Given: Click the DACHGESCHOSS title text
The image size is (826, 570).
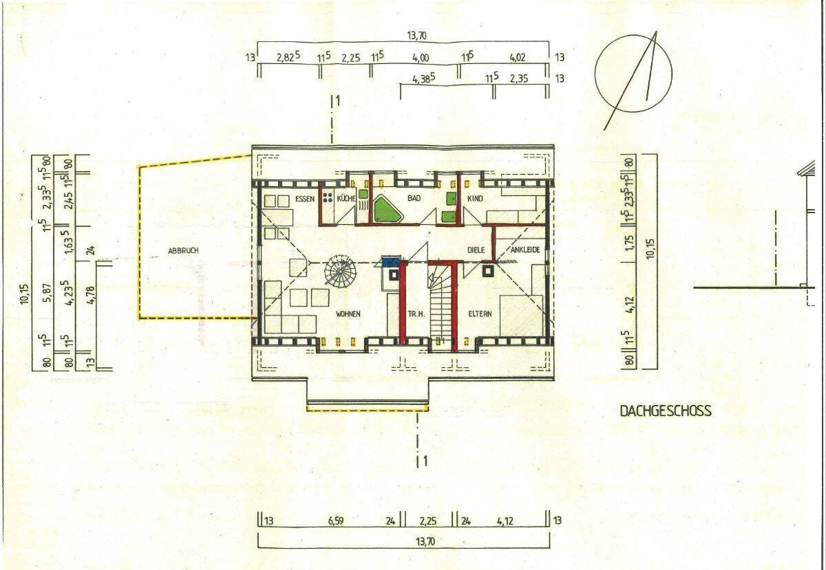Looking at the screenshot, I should click(x=666, y=411).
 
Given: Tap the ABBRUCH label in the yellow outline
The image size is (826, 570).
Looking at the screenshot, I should click(x=183, y=251).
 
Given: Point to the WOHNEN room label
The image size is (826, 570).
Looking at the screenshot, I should click(x=348, y=314).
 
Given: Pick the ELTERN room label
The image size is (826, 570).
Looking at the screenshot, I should click(x=479, y=314).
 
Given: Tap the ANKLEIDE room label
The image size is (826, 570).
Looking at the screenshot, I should click(x=525, y=250).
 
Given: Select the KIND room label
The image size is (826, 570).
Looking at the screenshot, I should click(x=475, y=199).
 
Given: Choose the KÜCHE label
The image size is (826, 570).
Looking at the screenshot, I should click(x=346, y=199).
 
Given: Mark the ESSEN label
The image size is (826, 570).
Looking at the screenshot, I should click(x=304, y=199).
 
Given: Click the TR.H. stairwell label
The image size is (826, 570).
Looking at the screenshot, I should click(x=416, y=314).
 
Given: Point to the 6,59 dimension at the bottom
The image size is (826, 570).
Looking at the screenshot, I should click(x=335, y=521).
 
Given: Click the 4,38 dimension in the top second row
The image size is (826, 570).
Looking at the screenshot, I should click(x=423, y=79).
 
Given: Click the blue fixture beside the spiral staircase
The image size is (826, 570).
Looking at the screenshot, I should click(x=391, y=261).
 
